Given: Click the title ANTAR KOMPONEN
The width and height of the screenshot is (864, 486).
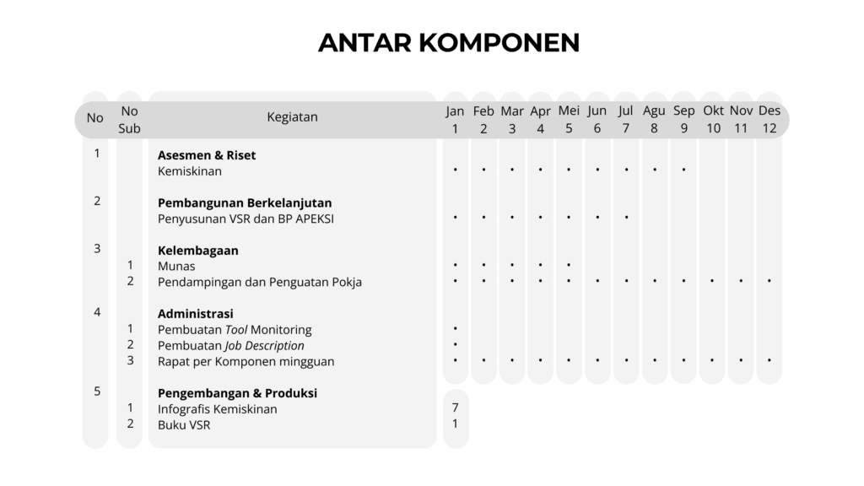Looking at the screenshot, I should (x=448, y=43).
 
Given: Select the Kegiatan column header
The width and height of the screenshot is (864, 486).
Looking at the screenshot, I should (x=292, y=117).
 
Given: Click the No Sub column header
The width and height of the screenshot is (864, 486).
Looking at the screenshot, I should (x=129, y=119).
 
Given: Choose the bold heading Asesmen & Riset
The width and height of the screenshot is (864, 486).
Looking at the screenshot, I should (x=207, y=155).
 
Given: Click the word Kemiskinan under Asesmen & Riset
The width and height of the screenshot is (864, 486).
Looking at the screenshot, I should (x=190, y=171).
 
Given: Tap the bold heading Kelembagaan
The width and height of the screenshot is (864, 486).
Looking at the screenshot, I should (x=198, y=251).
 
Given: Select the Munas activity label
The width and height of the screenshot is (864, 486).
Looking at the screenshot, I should (x=176, y=267).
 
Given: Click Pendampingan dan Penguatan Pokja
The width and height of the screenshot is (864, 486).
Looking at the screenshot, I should (x=260, y=282).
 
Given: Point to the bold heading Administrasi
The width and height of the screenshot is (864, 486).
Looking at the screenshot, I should (x=196, y=314).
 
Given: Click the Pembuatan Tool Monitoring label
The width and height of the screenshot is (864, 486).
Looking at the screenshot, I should (x=235, y=330).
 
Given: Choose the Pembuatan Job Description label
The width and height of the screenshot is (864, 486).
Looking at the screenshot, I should (x=231, y=346).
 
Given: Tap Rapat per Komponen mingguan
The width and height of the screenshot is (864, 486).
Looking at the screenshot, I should (x=246, y=362).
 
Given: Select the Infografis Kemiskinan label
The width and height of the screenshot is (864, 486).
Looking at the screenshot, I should (x=218, y=409).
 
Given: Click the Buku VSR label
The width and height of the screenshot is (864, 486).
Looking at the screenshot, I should (x=184, y=425).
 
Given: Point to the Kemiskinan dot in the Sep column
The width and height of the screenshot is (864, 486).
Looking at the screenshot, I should (x=683, y=170).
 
